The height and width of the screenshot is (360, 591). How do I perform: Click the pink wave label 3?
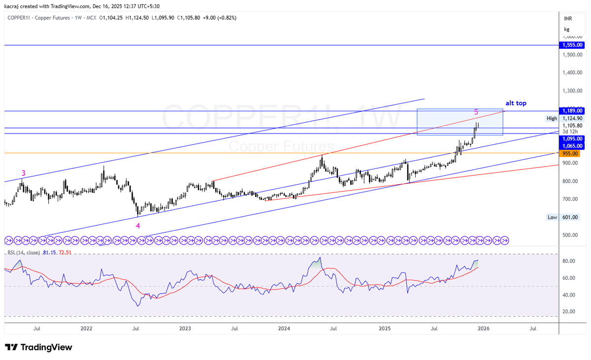(x=23, y=173)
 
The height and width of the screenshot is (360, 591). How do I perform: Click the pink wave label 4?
(x=138, y=226)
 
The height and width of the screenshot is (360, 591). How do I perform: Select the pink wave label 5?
(x=476, y=112)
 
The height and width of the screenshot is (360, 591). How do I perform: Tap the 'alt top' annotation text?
(x=516, y=103)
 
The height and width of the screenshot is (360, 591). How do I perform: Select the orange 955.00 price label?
(x=570, y=154)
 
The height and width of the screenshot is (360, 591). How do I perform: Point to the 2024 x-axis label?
(x=284, y=328)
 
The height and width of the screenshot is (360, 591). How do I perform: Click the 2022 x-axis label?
(x=86, y=328)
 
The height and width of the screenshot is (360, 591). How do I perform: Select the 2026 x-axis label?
(x=483, y=328)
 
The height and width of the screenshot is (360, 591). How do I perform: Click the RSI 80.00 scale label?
(x=569, y=261)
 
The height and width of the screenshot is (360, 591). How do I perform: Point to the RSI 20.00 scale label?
(x=569, y=311)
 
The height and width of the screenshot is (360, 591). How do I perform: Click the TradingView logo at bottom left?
(x=38, y=347)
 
